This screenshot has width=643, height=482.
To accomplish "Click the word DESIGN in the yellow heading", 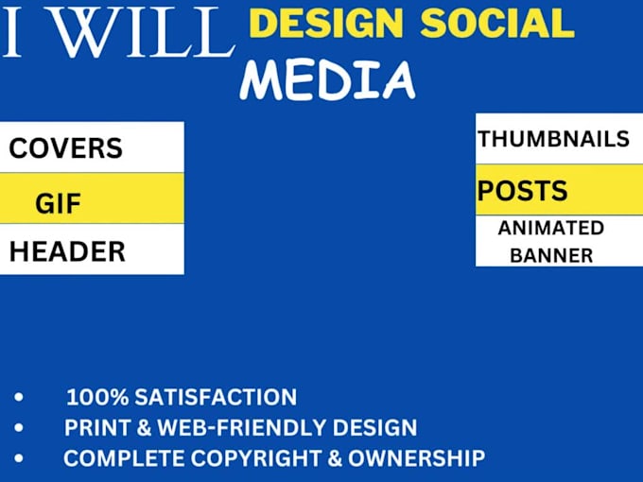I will (321, 23).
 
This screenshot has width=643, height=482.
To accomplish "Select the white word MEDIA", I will (327, 79).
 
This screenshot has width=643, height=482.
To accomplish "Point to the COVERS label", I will (66, 148).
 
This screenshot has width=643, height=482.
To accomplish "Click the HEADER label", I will (67, 251).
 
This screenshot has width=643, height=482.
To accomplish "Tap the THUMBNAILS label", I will (553, 139).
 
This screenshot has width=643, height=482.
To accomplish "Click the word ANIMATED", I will (551, 228).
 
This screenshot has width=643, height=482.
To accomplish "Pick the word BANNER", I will (551, 255).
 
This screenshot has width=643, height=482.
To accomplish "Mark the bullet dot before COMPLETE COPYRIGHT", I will (19, 458).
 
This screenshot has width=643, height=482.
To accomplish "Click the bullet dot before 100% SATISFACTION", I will (19, 397).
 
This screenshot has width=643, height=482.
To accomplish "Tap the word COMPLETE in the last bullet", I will (117, 458).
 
